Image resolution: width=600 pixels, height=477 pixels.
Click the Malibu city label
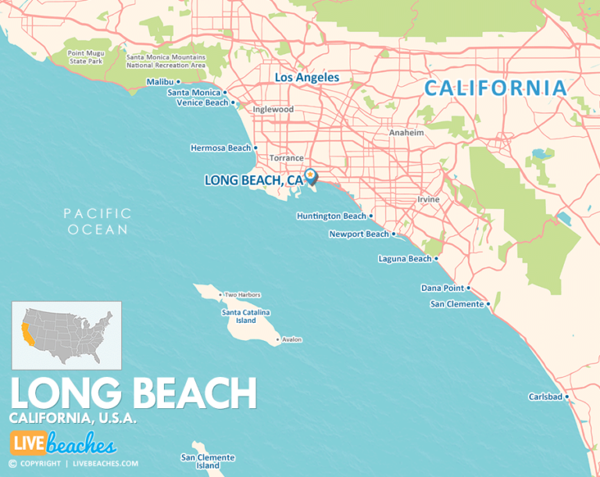tap(161, 81)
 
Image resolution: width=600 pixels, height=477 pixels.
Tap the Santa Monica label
tap(194, 92)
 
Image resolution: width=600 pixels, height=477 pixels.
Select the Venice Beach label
tap(202, 102)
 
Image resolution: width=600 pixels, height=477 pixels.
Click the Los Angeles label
tap(306, 77)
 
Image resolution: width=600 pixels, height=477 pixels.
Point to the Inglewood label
tap(273, 109)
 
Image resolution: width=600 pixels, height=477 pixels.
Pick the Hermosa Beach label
tap(220, 148)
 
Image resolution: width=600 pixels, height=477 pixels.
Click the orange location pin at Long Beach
tap(310, 176)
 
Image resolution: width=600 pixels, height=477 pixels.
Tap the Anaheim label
tap(406, 133)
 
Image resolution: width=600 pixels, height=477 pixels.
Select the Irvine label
tap(427, 199)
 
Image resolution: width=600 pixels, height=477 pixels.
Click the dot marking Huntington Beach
tap(371, 217)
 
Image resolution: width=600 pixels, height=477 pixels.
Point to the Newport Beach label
tap(358, 234)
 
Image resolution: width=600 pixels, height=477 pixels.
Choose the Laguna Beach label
tap(404, 259)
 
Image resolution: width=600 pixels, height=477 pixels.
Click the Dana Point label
tap(442, 288)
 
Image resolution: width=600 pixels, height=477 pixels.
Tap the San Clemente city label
tap(456, 304)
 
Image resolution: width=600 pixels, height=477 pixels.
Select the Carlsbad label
tap(545, 396)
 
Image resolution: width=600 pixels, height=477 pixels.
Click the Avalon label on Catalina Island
tap(291, 339)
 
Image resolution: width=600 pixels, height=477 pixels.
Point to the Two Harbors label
tap(242, 295)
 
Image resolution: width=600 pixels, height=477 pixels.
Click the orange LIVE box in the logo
tap(27, 443)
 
